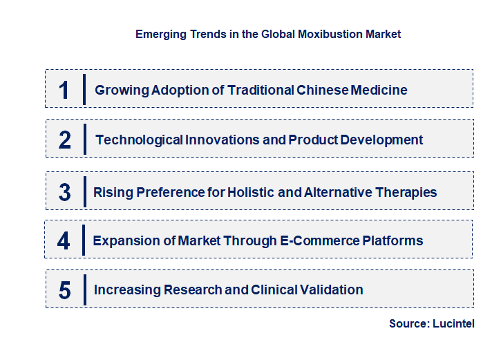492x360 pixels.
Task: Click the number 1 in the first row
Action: [64, 90]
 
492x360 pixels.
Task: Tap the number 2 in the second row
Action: [65, 140]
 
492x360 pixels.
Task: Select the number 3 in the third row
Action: [64, 192]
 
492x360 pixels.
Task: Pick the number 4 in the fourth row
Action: [64, 241]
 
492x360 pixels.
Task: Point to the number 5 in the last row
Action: [64, 290]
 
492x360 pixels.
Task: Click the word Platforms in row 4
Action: [392, 241]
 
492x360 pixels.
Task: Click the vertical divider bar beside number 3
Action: [84, 191]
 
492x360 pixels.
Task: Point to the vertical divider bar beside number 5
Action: [84, 289]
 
